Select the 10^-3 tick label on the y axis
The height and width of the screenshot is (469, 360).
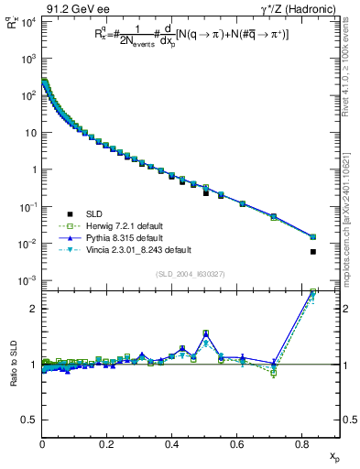tap(26, 280)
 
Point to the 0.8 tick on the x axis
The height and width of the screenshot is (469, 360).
tap(301, 445)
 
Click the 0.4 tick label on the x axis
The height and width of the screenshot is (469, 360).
tap(171, 445)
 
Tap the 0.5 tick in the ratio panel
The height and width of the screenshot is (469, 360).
tap(29, 420)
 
